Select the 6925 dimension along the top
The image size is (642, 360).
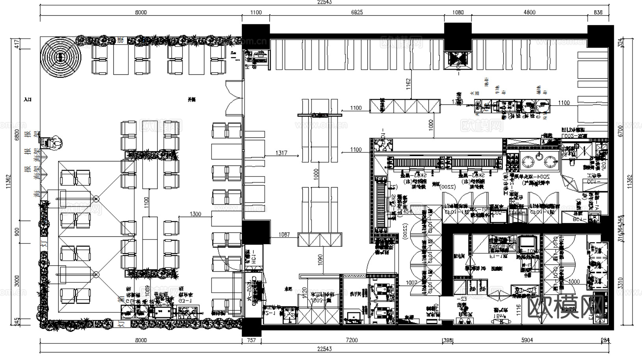pyautogui.click(x=357, y=13)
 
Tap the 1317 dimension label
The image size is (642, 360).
pyautogui.click(x=281, y=153)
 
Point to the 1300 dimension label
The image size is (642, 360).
pyautogui.click(x=195, y=214)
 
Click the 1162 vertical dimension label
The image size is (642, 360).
pyautogui.click(x=408, y=83)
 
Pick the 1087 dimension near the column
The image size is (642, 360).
pyautogui.click(x=284, y=235)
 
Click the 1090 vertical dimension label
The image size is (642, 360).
pyautogui.click(x=320, y=258)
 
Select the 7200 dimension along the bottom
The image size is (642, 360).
pyautogui.click(x=351, y=340)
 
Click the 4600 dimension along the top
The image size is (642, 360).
pyautogui.click(x=529, y=13)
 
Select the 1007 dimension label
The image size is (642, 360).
pyautogui.click(x=412, y=282)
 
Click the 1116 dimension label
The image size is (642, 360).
pyautogui.click(x=519, y=311)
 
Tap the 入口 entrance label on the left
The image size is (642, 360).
pyautogui.click(x=28, y=100)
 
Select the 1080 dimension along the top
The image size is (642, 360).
pyautogui.click(x=458, y=13)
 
